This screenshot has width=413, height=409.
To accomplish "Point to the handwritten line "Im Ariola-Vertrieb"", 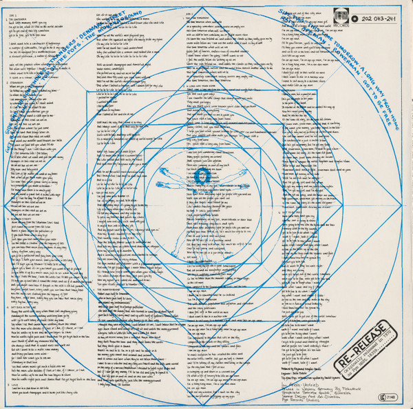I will click(x=310, y=369).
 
